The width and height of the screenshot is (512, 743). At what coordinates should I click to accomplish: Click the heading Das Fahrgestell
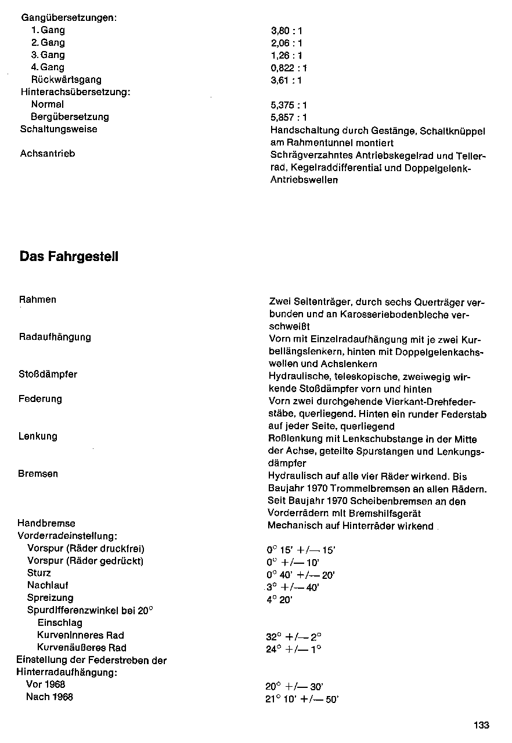click(69, 256)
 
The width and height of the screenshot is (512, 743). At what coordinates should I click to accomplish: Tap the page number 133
click(481, 725)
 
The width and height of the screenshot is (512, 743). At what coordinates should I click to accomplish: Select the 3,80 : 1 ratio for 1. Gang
click(287, 31)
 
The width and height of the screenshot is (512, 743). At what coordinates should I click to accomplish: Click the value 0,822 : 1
click(289, 68)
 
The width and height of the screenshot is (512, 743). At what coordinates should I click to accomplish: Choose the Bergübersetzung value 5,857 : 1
click(289, 117)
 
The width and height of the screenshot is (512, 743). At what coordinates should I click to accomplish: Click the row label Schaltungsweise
click(59, 129)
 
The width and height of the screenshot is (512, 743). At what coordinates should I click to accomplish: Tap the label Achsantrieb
click(48, 154)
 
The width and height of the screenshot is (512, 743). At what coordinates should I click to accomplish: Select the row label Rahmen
click(38, 300)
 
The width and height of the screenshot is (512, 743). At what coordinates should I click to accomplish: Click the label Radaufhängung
click(55, 337)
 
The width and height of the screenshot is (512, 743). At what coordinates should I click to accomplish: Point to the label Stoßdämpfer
click(48, 375)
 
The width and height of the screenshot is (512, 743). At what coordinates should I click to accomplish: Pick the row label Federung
click(40, 399)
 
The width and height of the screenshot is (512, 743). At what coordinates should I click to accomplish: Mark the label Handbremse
click(46, 523)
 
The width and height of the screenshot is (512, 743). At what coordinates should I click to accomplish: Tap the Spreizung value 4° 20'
click(280, 600)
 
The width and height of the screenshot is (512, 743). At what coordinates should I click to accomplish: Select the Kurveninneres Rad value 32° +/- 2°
click(294, 636)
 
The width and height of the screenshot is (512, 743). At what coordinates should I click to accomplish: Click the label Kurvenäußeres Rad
click(81, 648)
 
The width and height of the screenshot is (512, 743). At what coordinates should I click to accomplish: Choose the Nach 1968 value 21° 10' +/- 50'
click(302, 699)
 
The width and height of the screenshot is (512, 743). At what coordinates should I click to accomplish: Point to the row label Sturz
click(39, 573)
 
